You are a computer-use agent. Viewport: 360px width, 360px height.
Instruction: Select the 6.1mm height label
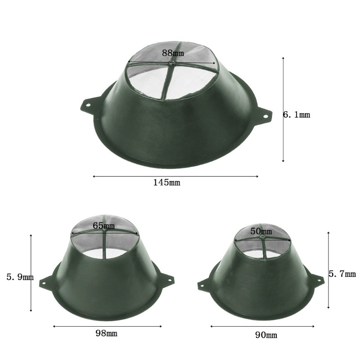pyautogui.click(x=297, y=115)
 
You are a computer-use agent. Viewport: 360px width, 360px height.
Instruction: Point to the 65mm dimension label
pyautogui.click(x=103, y=225)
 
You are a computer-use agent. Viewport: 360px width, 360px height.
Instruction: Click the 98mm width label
pyautogui.click(x=106, y=333)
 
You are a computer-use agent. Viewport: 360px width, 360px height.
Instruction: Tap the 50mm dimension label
pyautogui.click(x=261, y=231)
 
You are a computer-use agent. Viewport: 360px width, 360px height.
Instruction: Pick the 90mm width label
pyautogui.click(x=266, y=335)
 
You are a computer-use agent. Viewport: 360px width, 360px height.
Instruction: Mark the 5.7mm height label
pyautogui.click(x=342, y=274)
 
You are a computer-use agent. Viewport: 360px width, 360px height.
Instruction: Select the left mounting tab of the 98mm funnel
pyautogui.click(x=45, y=282)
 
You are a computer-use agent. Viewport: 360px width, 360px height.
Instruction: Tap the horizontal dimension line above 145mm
pyautogui.click(x=175, y=176)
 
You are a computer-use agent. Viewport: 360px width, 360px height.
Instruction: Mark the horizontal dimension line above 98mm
pyautogui.click(x=107, y=326)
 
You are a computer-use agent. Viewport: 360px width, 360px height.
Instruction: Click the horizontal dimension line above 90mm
pyautogui.click(x=262, y=326)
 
